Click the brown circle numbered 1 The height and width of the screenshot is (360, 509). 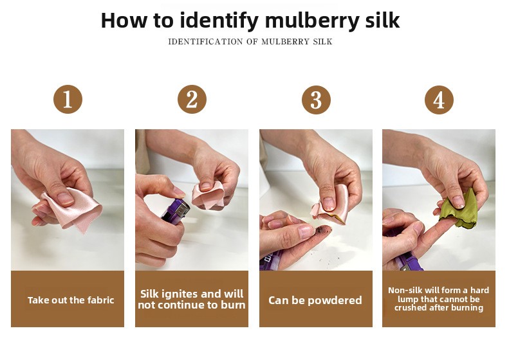[x=68, y=99]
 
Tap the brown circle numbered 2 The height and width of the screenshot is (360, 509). [x=192, y=99]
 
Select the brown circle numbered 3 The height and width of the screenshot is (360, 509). [x=316, y=100]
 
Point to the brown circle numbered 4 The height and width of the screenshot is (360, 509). [x=439, y=100]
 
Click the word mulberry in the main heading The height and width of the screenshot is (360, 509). [x=312, y=21]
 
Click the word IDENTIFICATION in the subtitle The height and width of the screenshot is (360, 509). [x=205, y=42]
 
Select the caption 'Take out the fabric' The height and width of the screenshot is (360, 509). [x=71, y=300]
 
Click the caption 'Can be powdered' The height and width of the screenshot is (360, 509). [x=315, y=300]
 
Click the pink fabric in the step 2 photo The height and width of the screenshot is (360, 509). [x=208, y=195]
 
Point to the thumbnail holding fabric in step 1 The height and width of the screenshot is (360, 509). [x=65, y=198]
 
